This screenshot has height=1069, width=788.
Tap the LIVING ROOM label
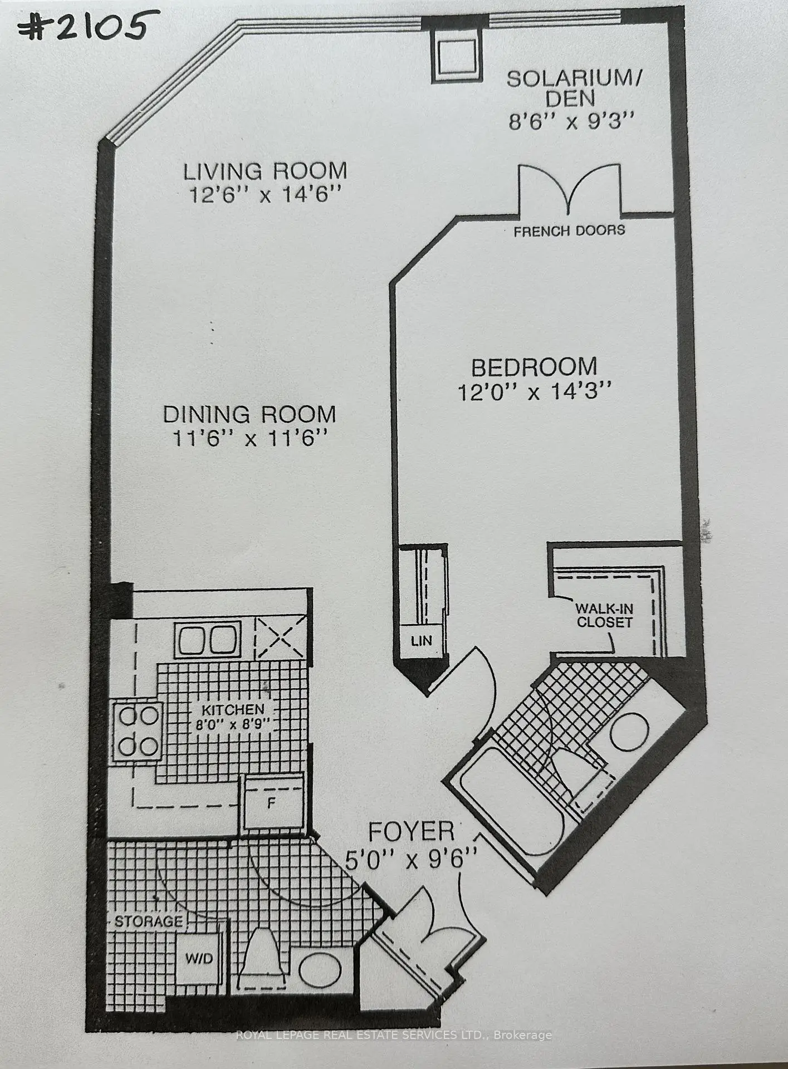point(265,170)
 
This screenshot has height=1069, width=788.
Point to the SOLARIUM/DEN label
point(574,88)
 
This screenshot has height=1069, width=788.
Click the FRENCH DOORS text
point(569,230)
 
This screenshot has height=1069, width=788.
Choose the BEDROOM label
point(534,367)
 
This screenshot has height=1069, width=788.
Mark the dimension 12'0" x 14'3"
point(535,392)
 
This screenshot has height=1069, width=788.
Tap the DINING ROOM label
point(249,414)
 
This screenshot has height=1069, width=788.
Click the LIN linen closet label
point(421,641)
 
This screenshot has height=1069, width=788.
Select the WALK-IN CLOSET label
point(604,615)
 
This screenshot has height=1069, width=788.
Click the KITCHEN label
point(233,710)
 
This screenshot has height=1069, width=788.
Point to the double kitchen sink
point(207,639)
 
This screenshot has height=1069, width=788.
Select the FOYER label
point(412,832)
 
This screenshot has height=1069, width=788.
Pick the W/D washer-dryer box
point(199,957)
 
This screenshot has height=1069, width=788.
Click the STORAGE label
point(149,921)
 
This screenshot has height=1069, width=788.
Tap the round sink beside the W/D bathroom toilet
point(320,968)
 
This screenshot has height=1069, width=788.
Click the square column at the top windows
point(456,55)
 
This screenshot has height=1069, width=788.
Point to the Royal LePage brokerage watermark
point(394,1035)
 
